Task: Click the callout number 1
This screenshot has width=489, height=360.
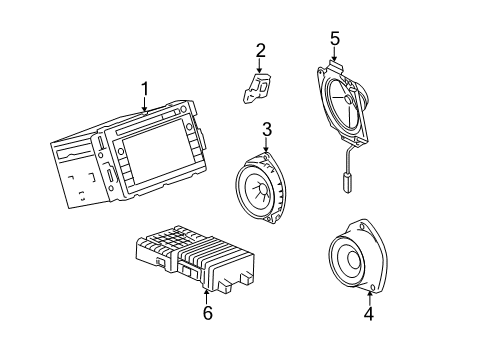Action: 145,90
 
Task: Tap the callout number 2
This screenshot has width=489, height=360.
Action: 260,50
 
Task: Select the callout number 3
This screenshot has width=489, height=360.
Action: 267,128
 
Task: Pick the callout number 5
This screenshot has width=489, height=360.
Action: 335,40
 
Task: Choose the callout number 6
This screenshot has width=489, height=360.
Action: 207,313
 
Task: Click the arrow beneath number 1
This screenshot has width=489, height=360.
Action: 145,107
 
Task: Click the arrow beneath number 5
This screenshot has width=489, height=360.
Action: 335,56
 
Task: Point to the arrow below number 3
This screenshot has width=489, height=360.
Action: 267,145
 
